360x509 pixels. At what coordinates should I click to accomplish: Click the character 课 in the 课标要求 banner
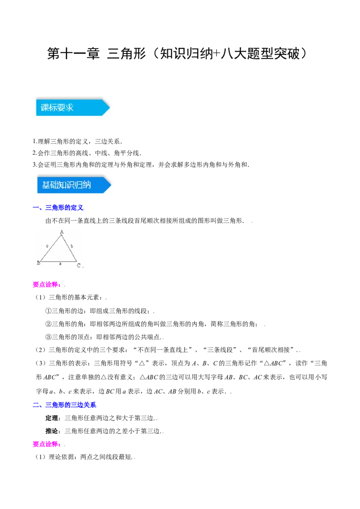tap(45, 108)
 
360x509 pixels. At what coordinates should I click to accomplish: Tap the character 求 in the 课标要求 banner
tap(69, 108)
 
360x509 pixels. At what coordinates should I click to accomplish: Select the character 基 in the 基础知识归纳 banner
tap(46, 185)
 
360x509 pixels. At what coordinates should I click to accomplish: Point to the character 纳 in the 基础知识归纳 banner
tap(87, 185)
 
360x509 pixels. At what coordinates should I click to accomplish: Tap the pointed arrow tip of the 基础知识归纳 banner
tap(110, 185)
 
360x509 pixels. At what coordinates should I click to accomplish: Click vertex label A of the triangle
tap(62, 232)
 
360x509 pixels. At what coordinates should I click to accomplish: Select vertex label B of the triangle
tap(39, 263)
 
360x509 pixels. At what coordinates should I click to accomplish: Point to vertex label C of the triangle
tap(78, 265)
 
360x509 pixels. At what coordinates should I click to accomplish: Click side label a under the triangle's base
tap(60, 264)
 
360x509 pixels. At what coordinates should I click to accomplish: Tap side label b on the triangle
tap(72, 246)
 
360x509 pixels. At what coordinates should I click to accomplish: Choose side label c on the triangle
tap(47, 246)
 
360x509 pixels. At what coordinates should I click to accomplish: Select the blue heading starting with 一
tap(59, 207)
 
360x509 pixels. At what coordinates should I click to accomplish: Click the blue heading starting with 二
tap(65, 405)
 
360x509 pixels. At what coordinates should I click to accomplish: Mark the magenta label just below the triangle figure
tap(46, 284)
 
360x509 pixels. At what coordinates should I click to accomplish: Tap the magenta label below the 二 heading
tap(45, 444)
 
